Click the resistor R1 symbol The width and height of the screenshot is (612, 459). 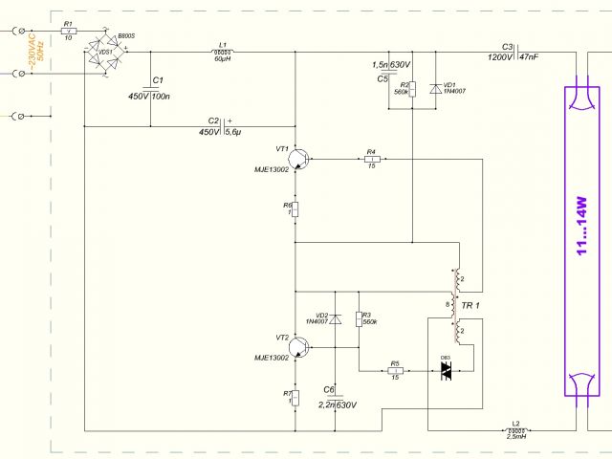tap(67, 32)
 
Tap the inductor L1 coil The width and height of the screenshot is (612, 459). tap(223, 51)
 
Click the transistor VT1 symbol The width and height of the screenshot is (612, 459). tap(300, 159)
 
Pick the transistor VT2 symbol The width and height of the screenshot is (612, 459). tap(300, 349)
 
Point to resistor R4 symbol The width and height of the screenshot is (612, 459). tap(370, 159)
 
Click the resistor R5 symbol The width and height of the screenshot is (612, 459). tap(394, 372)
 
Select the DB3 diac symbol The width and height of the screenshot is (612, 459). tap(445, 372)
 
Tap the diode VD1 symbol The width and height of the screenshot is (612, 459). tap(435, 89)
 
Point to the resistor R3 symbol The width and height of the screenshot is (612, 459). tap(359, 319)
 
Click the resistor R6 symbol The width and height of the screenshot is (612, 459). tap(295, 209)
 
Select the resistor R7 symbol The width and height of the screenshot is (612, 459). tap(295, 397)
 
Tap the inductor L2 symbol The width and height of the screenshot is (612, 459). tap(515, 430)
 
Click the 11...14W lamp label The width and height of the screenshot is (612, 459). tap(580, 235)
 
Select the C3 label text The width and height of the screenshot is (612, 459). tap(508, 46)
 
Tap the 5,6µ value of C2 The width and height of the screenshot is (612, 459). tap(233, 132)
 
